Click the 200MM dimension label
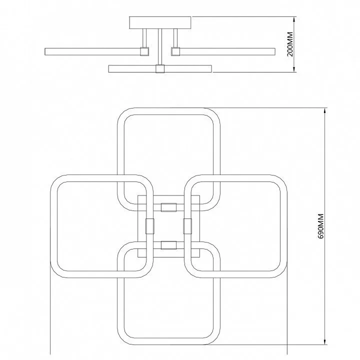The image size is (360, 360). point(290,44)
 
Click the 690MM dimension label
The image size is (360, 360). point(320,226)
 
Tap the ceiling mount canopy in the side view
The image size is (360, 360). point(160,22)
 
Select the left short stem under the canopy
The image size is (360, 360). point(144,38)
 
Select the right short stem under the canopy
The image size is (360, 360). point(175,38)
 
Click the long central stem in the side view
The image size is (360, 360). point(160,47)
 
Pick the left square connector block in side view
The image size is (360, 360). point(144,51)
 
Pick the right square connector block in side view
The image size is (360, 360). point(175,51)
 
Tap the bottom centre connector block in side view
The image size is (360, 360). point(160,69)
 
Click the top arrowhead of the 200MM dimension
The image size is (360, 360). point(294,19)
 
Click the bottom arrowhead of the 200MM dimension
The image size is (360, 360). point(294,69)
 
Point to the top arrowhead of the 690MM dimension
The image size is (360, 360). point(325,111)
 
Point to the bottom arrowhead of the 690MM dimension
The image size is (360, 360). point(325,341)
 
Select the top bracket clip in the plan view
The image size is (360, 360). point(169,207)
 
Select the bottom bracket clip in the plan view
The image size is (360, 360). point(169,245)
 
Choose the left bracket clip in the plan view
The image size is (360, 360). point(150,226)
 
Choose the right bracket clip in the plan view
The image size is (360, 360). point(187,226)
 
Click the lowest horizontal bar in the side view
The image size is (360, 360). point(160,69)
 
